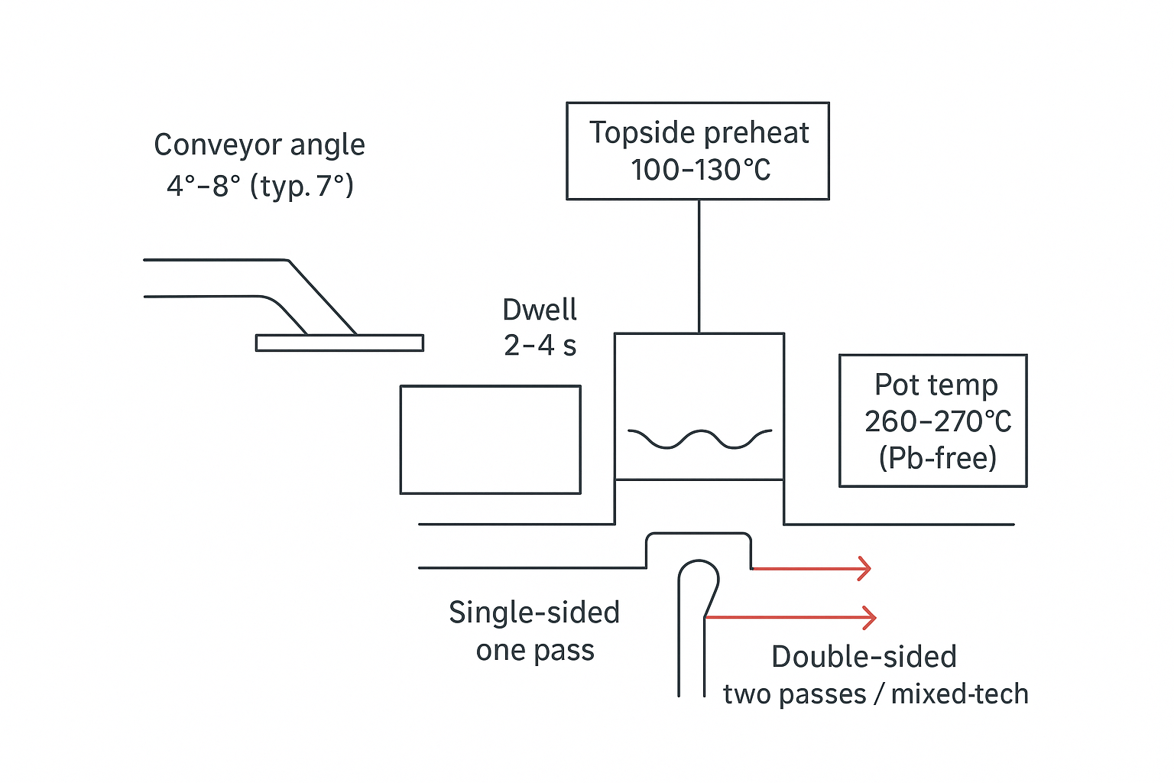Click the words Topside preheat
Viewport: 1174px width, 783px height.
[699, 133]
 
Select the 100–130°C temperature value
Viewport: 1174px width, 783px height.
[700, 170]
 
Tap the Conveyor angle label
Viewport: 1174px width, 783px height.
[259, 145]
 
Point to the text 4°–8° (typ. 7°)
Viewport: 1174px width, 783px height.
[260, 186]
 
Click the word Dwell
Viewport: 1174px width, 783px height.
[540, 310]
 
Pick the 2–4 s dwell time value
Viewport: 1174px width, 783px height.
[540, 346]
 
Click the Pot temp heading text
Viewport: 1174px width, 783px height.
[936, 385]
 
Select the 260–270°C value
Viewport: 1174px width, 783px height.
[938, 421]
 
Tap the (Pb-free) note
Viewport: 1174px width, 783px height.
[938, 458]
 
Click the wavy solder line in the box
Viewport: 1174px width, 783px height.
[699, 439]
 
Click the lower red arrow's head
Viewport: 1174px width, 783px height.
[870, 617]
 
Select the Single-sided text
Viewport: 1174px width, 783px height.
[533, 612]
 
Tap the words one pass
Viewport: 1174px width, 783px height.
[535, 651]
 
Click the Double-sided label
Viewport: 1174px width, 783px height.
[864, 657]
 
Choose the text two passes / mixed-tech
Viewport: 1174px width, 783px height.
[876, 694]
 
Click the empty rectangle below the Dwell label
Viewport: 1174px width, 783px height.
[490, 440]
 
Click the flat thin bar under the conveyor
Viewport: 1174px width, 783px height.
[339, 343]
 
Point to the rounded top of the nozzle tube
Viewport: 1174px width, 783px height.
[698, 566]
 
